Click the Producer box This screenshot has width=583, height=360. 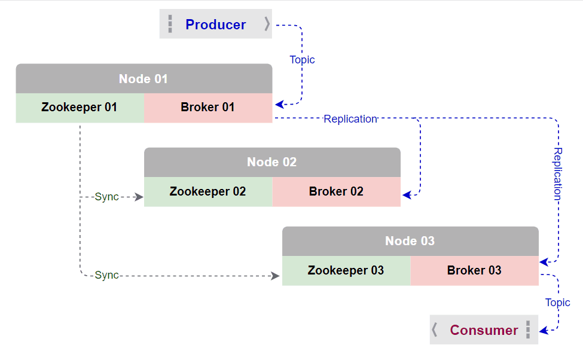pos(215,25)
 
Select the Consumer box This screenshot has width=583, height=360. pos(484,330)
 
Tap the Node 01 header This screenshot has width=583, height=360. pos(144,79)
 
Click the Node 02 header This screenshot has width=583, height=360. pos(272,162)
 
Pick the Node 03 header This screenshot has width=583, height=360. pos(410,241)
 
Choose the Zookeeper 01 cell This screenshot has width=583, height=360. pos(80,108)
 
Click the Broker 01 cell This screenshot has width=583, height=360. pos(208,108)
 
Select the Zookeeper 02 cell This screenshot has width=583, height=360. pos(208,192)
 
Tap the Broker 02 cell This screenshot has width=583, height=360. pos(337,192)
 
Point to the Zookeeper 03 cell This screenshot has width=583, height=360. pos(346,270)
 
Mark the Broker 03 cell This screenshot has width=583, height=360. pos(475,270)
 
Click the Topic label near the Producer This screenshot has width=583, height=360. pos(302,60)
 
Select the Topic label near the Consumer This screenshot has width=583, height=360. pos(557,303)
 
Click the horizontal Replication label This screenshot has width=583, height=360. pos(350,119)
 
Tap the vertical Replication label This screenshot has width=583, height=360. pos(557,174)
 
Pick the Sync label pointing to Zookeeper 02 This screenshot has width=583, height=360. pos(107,197)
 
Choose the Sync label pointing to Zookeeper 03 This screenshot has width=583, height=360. pos(107,275)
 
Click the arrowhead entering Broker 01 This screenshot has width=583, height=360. pos(279,105)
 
